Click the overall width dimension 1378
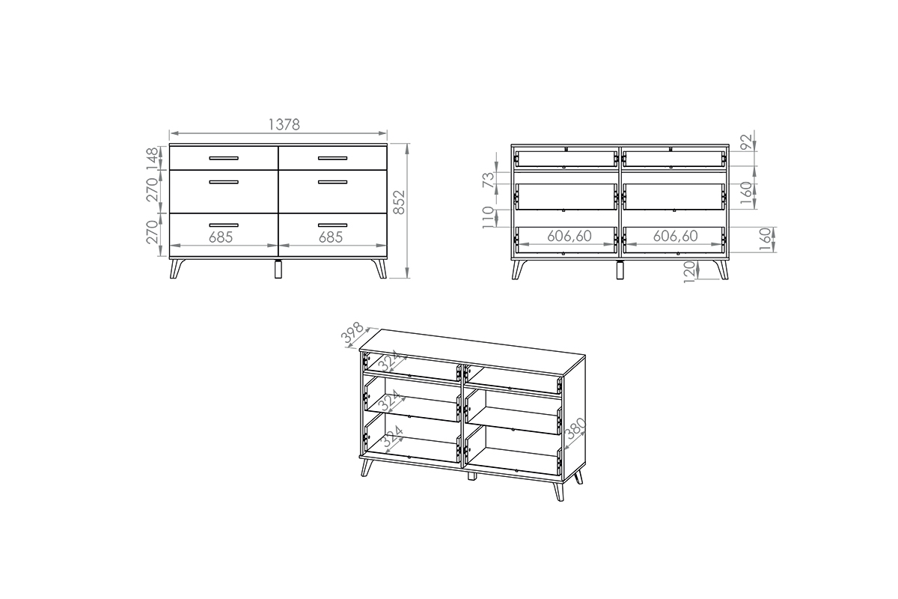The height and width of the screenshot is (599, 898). (284, 125)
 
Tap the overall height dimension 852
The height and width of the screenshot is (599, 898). (399, 202)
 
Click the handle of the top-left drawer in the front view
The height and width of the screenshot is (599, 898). (224, 158)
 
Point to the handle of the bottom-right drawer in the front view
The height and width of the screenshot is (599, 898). (333, 225)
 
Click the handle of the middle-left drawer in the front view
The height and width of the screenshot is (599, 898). (224, 182)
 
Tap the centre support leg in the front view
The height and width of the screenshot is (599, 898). (278, 269)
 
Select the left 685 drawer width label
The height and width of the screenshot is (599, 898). (221, 237)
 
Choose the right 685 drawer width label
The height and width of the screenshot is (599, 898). (331, 237)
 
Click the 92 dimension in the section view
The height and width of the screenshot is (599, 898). (746, 142)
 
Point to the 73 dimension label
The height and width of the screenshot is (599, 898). (489, 180)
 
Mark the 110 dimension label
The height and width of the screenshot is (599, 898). (489, 217)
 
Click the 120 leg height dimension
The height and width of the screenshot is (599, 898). (689, 272)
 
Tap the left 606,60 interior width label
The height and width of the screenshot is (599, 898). (569, 236)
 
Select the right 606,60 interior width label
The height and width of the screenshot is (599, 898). (676, 236)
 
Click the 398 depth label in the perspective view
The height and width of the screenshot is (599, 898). (352, 333)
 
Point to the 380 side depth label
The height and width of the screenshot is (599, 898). (575, 428)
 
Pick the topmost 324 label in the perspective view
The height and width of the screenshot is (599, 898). (389, 360)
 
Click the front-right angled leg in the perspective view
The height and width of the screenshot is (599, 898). (558, 490)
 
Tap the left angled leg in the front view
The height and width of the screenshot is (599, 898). (177, 269)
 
